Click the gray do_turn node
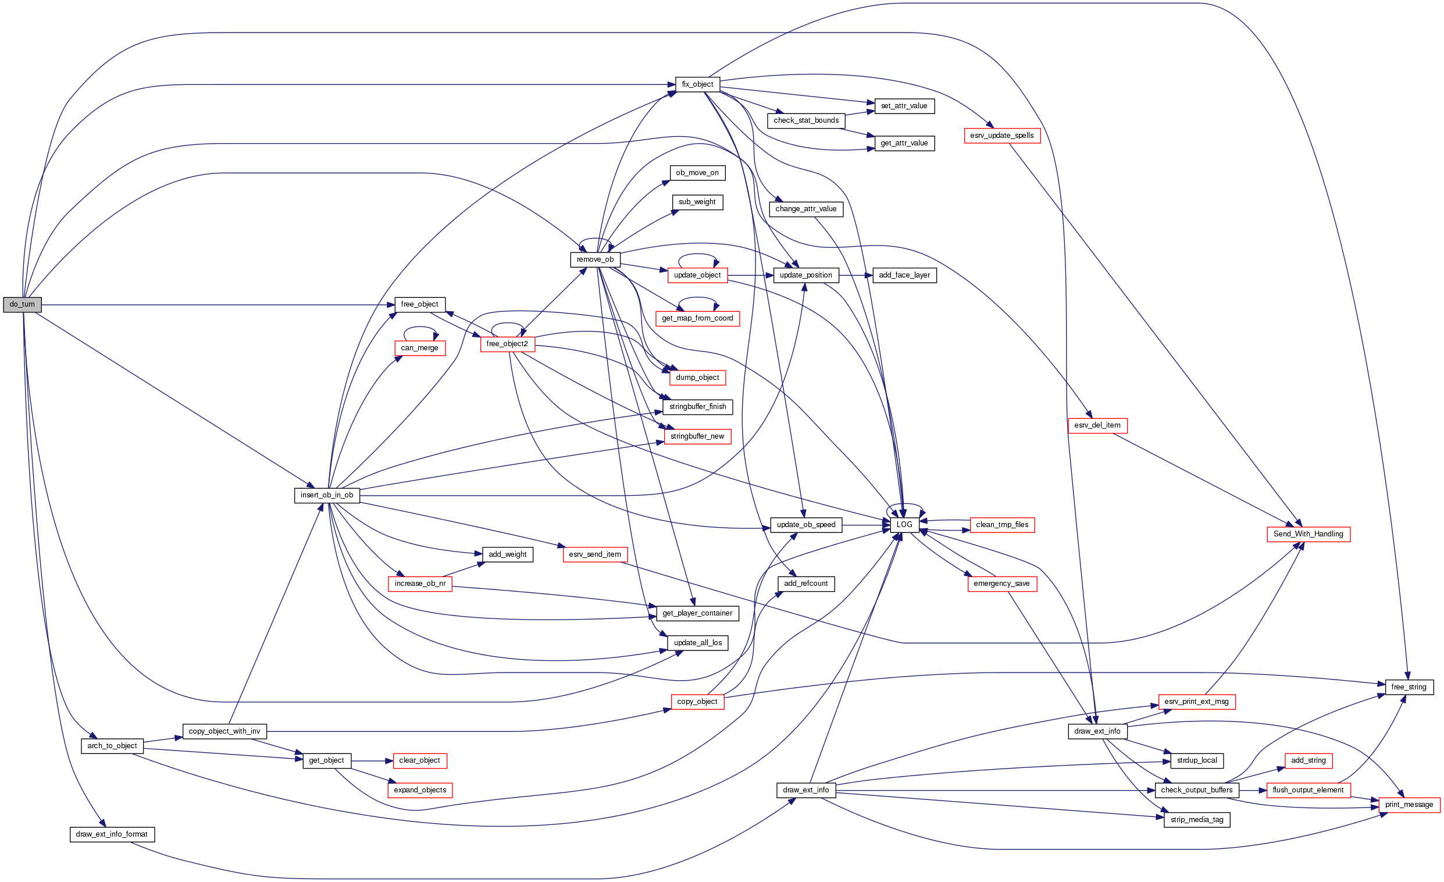(x=22, y=305)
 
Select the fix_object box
(x=697, y=84)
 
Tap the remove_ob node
(x=595, y=260)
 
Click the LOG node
(x=904, y=525)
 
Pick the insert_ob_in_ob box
(x=327, y=496)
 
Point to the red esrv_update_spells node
(x=1002, y=136)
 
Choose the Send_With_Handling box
(x=1308, y=534)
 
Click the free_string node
(x=1409, y=687)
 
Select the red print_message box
(x=1409, y=805)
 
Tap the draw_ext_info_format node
(x=112, y=834)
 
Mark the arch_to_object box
(x=112, y=746)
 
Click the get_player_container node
(x=697, y=613)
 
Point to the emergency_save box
(x=1001, y=584)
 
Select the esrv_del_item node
(x=1097, y=425)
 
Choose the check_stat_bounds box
(x=806, y=121)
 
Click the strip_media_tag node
(x=1197, y=820)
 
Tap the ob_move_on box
(x=697, y=173)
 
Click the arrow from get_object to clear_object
(x=372, y=761)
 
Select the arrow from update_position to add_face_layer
(x=855, y=275)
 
